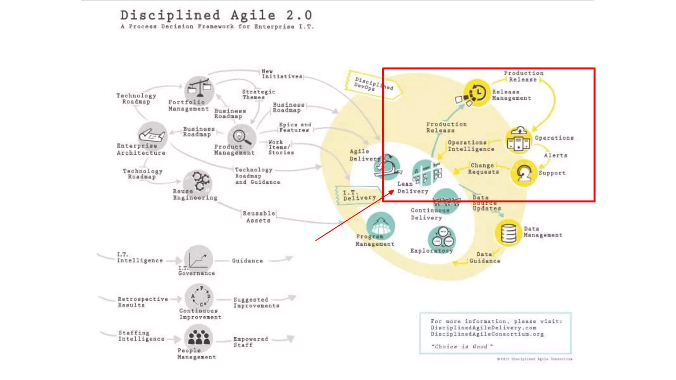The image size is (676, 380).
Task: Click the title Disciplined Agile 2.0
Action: [x=216, y=15]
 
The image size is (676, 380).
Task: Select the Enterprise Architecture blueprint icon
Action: [x=152, y=135]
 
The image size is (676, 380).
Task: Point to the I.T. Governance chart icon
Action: [x=198, y=258]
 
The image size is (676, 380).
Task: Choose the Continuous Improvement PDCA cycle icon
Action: [x=199, y=297]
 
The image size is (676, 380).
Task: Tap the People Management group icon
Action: [x=198, y=337]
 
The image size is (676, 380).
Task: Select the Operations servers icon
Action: [x=519, y=140]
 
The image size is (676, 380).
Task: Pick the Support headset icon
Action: [x=524, y=173]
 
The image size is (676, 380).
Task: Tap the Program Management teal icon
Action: [x=381, y=226]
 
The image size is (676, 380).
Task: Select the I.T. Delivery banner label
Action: [x=359, y=195]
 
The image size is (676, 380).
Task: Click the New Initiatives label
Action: [x=282, y=74]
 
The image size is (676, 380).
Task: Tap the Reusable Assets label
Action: [x=259, y=217]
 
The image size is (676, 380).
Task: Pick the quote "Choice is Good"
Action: [x=462, y=346]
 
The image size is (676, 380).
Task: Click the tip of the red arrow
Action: [x=394, y=190]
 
